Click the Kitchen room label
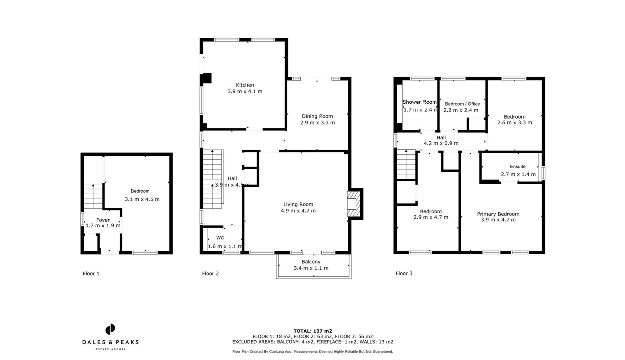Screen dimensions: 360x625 point(245,85)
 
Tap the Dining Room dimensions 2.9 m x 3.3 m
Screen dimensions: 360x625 point(317,123)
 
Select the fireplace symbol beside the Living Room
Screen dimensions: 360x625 point(354,204)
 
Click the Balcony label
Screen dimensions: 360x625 point(311,262)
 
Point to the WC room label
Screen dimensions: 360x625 point(220,238)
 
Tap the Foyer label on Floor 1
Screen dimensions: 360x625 point(103,220)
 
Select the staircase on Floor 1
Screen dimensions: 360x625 point(93,197)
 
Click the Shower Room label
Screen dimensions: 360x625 point(419,102)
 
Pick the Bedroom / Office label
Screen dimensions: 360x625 point(462,104)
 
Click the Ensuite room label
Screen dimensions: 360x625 point(517,167)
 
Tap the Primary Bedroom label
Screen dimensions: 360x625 point(498,214)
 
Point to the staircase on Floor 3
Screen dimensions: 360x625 point(406,165)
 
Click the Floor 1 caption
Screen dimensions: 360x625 point(91,274)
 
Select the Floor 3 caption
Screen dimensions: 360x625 point(404,274)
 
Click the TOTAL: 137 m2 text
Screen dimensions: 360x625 point(312,331)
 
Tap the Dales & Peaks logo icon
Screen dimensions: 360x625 point(110,329)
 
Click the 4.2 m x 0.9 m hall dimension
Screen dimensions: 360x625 point(441,143)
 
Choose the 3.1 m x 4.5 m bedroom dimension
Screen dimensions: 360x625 point(142,199)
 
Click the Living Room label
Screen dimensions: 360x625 point(298,204)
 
